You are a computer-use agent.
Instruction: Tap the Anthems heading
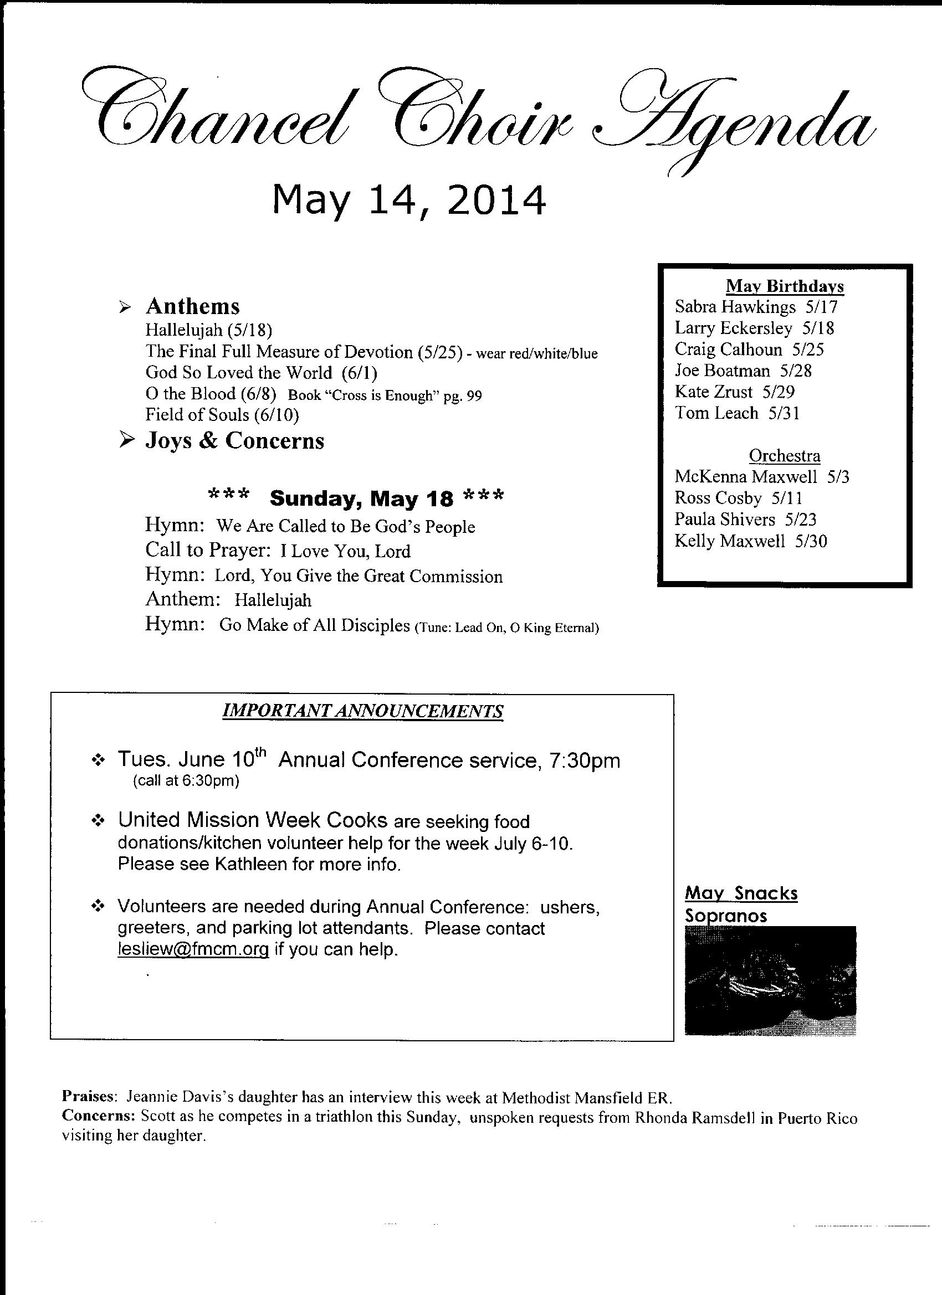coord(192,307)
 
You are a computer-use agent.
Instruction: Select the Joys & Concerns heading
coord(235,441)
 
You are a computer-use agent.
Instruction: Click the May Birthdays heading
coord(784,285)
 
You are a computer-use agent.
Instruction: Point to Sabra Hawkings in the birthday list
coord(735,307)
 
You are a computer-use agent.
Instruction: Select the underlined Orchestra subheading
coord(784,456)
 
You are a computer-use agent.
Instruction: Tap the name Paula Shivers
coord(724,520)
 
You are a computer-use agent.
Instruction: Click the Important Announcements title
coord(362,711)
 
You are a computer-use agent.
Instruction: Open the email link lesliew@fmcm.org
coord(193,949)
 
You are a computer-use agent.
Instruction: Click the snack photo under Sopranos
coord(770,980)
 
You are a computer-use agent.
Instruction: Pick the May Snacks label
coord(741,893)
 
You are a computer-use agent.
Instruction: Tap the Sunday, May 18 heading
coord(361,499)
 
